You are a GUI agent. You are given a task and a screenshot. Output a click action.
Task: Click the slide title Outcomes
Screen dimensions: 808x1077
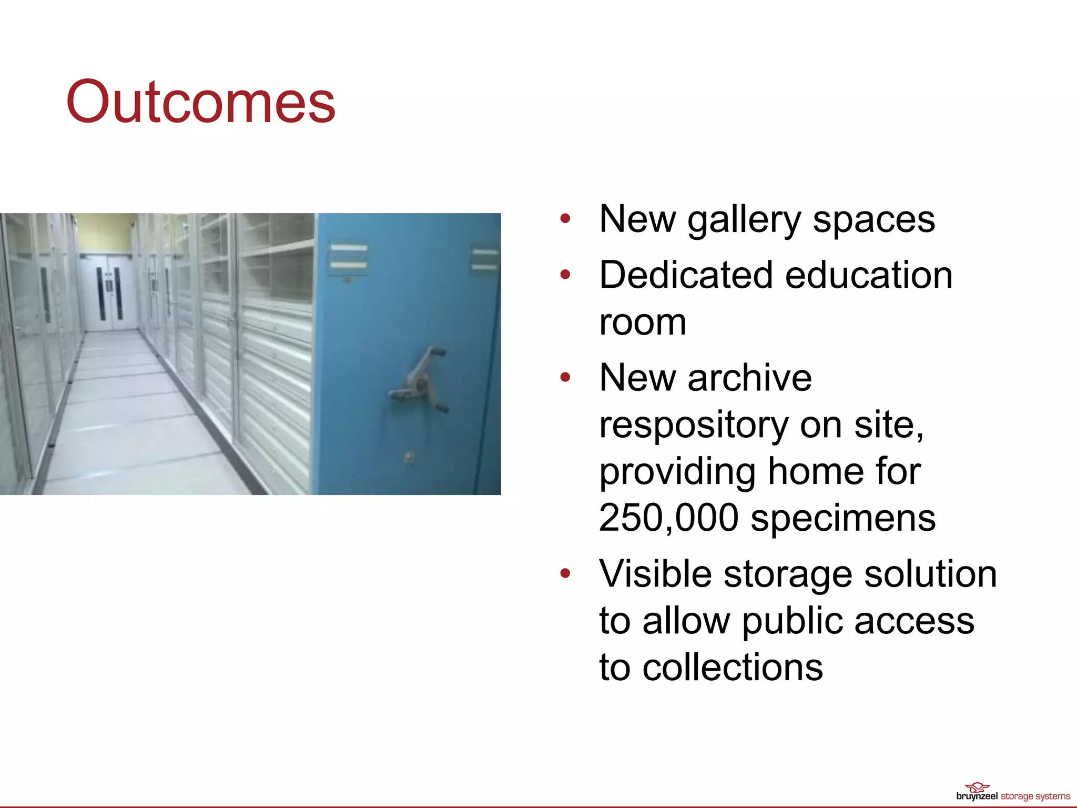[x=200, y=102]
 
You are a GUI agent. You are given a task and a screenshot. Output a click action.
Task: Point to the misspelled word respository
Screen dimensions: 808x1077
[x=693, y=425]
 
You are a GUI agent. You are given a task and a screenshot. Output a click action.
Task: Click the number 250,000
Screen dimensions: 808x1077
[x=668, y=518]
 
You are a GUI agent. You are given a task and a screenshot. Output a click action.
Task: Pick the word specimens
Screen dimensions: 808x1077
[x=843, y=519]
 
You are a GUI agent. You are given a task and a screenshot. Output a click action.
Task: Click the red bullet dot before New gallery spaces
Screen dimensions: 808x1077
[x=565, y=218]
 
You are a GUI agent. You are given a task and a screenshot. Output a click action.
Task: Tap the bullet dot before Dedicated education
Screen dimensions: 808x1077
[x=565, y=274]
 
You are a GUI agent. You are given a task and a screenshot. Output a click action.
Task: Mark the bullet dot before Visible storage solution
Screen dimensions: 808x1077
[x=565, y=573]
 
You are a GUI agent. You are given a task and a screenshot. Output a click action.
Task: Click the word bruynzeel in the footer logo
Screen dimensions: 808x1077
[x=977, y=796]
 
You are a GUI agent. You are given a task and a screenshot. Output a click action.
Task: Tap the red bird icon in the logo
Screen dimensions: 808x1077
[x=977, y=787]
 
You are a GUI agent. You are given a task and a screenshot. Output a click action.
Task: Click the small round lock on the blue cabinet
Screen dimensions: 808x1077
[x=409, y=457]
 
